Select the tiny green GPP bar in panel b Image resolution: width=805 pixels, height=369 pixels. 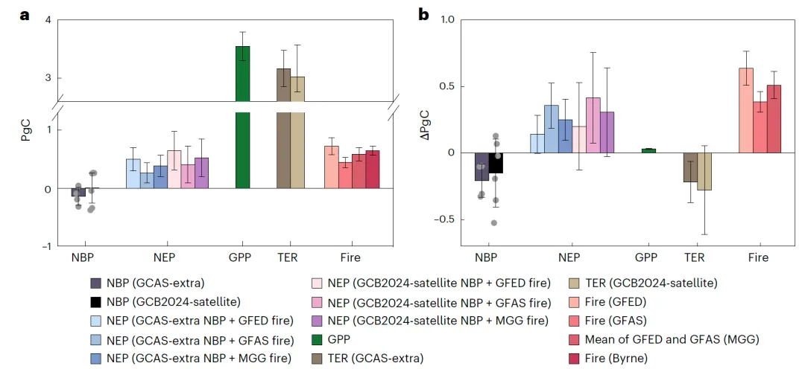click(x=648, y=150)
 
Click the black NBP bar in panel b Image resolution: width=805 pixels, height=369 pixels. click(x=496, y=163)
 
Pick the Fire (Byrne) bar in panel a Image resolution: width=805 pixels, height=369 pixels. click(x=373, y=170)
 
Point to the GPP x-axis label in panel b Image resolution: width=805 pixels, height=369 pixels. click(x=647, y=258)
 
